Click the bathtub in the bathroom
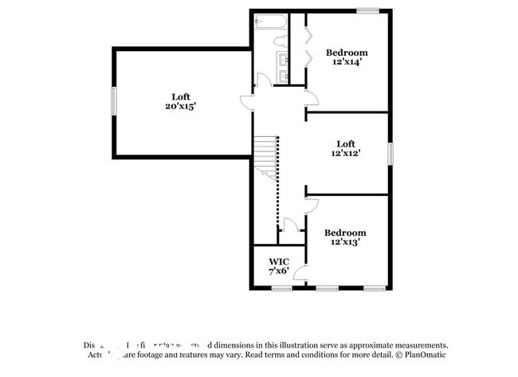point(268,22)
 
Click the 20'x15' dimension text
point(181,105)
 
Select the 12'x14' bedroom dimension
point(346,63)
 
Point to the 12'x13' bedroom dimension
point(345,242)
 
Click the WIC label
point(278,261)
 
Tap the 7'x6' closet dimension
point(278,271)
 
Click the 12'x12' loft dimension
point(347,154)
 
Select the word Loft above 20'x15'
point(181,96)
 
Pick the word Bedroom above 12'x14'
point(347,53)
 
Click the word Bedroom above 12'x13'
point(345,232)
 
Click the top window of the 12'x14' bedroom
point(367,10)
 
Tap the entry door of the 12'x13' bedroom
point(310,207)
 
